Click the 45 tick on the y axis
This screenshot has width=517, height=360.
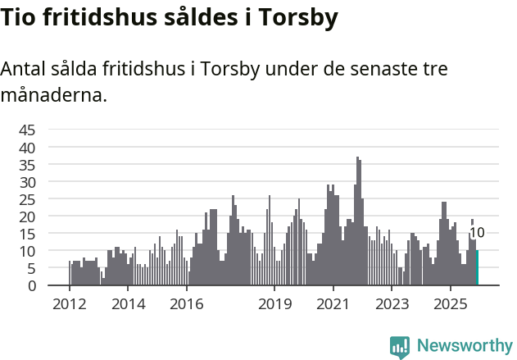pos(27,130)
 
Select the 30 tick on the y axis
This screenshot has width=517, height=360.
pos(27,182)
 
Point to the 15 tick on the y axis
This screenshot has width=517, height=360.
pos(27,234)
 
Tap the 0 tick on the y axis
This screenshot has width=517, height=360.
pos(31,285)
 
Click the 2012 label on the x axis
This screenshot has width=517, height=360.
pos(69,304)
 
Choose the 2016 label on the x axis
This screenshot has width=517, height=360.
pos(187,304)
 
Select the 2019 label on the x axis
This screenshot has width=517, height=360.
pos(274,304)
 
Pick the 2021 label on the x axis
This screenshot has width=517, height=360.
pos(333,304)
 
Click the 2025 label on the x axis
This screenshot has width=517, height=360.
pos(451,304)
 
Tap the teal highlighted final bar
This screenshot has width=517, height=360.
pos(477,268)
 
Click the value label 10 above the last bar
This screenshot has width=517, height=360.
pos(477,233)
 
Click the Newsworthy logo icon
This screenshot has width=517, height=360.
pos(400,346)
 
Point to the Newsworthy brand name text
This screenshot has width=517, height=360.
pos(464,346)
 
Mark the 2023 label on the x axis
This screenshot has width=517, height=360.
pos(392,304)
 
